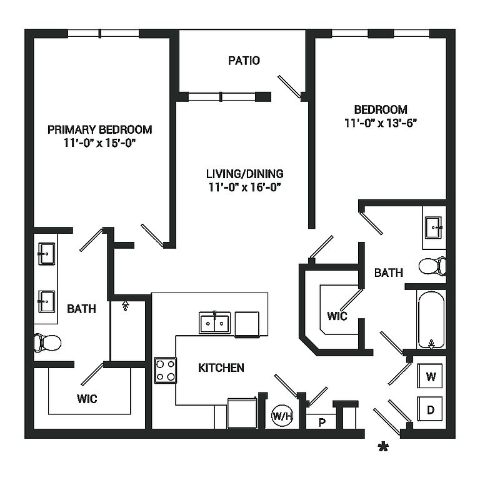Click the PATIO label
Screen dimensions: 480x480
point(244,61)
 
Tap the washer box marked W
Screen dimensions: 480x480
point(430,376)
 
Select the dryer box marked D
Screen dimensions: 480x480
point(430,409)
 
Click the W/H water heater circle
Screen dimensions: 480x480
point(282,416)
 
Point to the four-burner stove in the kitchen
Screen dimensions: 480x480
point(165,370)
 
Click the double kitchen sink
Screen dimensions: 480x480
point(214,322)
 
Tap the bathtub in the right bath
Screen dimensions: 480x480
point(431,320)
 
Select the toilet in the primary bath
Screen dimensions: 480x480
point(47,343)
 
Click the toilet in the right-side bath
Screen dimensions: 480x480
point(432,266)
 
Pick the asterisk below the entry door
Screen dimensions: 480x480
point(383,447)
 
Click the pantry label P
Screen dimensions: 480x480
point(322,422)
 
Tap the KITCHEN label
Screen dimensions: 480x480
point(221,367)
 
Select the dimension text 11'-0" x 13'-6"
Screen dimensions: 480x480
point(381,122)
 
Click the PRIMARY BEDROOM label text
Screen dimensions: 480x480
point(99,129)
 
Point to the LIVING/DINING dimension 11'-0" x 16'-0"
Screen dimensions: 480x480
point(244,187)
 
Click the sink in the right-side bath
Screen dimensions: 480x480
point(434,227)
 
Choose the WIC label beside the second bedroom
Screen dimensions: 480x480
point(337,316)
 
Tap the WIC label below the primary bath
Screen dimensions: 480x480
point(87,399)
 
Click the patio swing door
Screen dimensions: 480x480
point(289,87)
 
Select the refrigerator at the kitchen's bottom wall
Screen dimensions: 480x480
point(242,413)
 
